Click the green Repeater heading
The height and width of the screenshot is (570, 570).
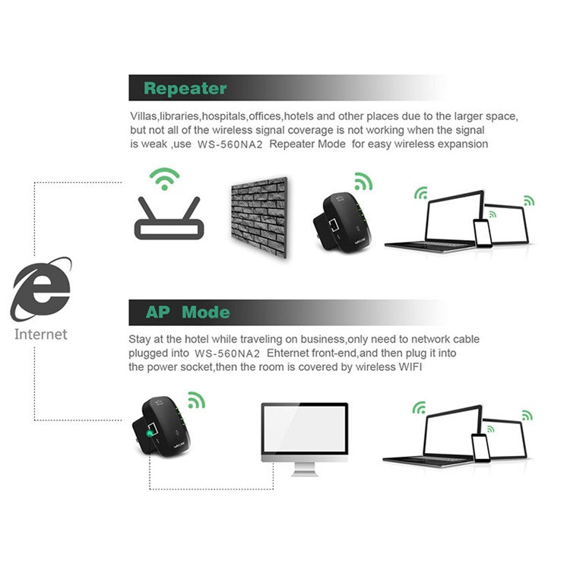[185, 89]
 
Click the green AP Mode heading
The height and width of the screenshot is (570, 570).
[188, 312]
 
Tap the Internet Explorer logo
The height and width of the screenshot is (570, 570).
[41, 290]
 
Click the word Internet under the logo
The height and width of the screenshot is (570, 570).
[41, 334]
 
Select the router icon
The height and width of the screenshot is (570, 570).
[169, 218]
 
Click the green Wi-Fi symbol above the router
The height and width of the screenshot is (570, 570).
[165, 179]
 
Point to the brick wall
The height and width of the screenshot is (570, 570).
[259, 217]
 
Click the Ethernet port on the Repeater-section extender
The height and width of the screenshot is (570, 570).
[334, 226]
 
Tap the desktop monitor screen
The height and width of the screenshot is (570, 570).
[305, 429]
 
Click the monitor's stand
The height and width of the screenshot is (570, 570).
[305, 470]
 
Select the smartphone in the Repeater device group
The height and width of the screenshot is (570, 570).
[483, 233]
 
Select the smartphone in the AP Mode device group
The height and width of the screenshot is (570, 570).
[480, 448]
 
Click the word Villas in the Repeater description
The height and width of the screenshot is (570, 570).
[143, 116]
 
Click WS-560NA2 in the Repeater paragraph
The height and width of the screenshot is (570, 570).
[230, 144]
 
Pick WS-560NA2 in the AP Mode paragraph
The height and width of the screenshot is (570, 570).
[227, 353]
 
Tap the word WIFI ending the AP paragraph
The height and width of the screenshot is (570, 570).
[410, 367]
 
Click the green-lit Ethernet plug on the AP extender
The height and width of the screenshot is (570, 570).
[150, 433]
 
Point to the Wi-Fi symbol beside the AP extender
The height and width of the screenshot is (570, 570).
[197, 401]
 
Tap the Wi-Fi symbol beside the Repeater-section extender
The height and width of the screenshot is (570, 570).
[363, 181]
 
